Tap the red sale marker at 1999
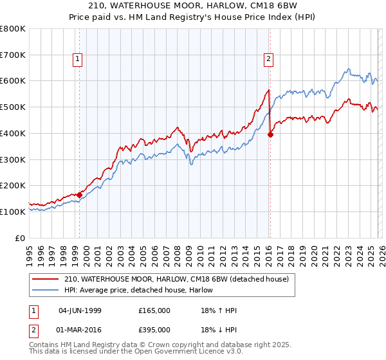(79, 195)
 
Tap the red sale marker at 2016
(270, 134)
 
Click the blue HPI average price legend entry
(138, 290)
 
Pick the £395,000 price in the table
(154, 330)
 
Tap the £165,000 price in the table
(154, 310)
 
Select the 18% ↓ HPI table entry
(219, 330)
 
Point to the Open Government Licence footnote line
(136, 353)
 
